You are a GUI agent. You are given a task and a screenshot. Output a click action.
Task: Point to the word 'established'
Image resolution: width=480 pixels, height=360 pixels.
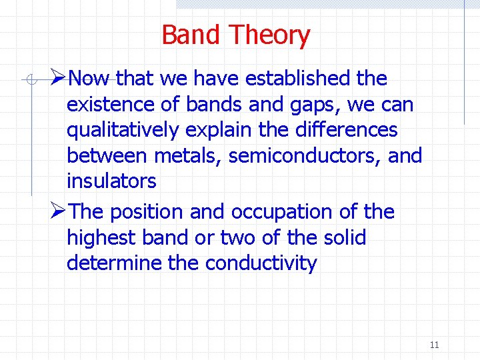tap(299, 79)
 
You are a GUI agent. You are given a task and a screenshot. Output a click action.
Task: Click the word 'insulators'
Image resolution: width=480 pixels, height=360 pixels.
tap(111, 181)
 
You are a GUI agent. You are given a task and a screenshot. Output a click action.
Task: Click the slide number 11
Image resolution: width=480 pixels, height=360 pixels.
tap(434, 345)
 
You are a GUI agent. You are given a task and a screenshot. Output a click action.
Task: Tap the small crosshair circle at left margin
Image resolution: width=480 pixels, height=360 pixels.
tap(27, 80)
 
